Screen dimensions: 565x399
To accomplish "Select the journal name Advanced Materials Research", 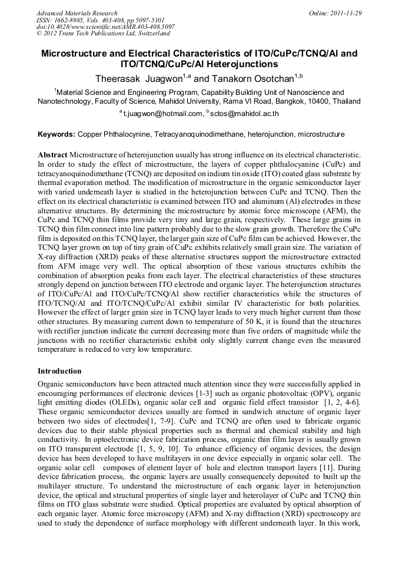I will [x=77, y=13].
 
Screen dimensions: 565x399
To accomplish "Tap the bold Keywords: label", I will [x=56, y=134].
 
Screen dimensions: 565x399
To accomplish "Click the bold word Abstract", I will [x=53, y=154].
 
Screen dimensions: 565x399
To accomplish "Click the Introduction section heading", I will [x=60, y=371].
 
